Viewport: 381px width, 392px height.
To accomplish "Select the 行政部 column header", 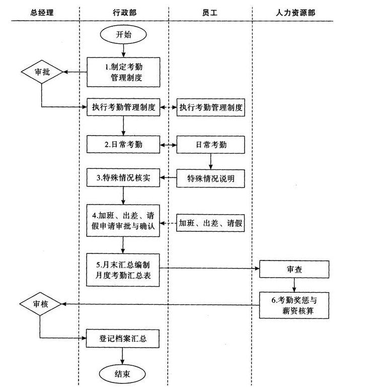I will pos(123,11).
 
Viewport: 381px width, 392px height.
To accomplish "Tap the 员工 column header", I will pos(210,11).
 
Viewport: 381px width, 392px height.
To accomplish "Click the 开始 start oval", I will pos(123,35).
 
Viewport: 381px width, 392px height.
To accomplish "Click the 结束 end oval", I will pos(123,374).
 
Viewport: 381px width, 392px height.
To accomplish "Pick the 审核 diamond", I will pos(40,304).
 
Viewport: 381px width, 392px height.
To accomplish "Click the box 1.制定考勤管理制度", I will pos(123,72).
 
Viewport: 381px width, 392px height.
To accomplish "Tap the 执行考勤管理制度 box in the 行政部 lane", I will pos(123,107).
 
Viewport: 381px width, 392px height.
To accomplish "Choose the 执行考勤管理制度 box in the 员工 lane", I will pos(210,107).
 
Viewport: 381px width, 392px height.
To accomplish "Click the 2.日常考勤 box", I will pos(123,145).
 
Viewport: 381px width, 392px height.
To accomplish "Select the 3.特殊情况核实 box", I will pos(123,178).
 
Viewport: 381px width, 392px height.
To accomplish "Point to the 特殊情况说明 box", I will pos(210,178).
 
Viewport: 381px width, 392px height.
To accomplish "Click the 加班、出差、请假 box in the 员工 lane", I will pos(210,223).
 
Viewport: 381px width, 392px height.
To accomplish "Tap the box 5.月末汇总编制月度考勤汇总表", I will pos(123,270).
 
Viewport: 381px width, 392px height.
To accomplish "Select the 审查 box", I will pos(294,270).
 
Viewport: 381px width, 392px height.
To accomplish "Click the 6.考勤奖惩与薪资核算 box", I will pos(294,305).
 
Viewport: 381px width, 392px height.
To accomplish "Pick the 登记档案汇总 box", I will pos(123,339).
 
